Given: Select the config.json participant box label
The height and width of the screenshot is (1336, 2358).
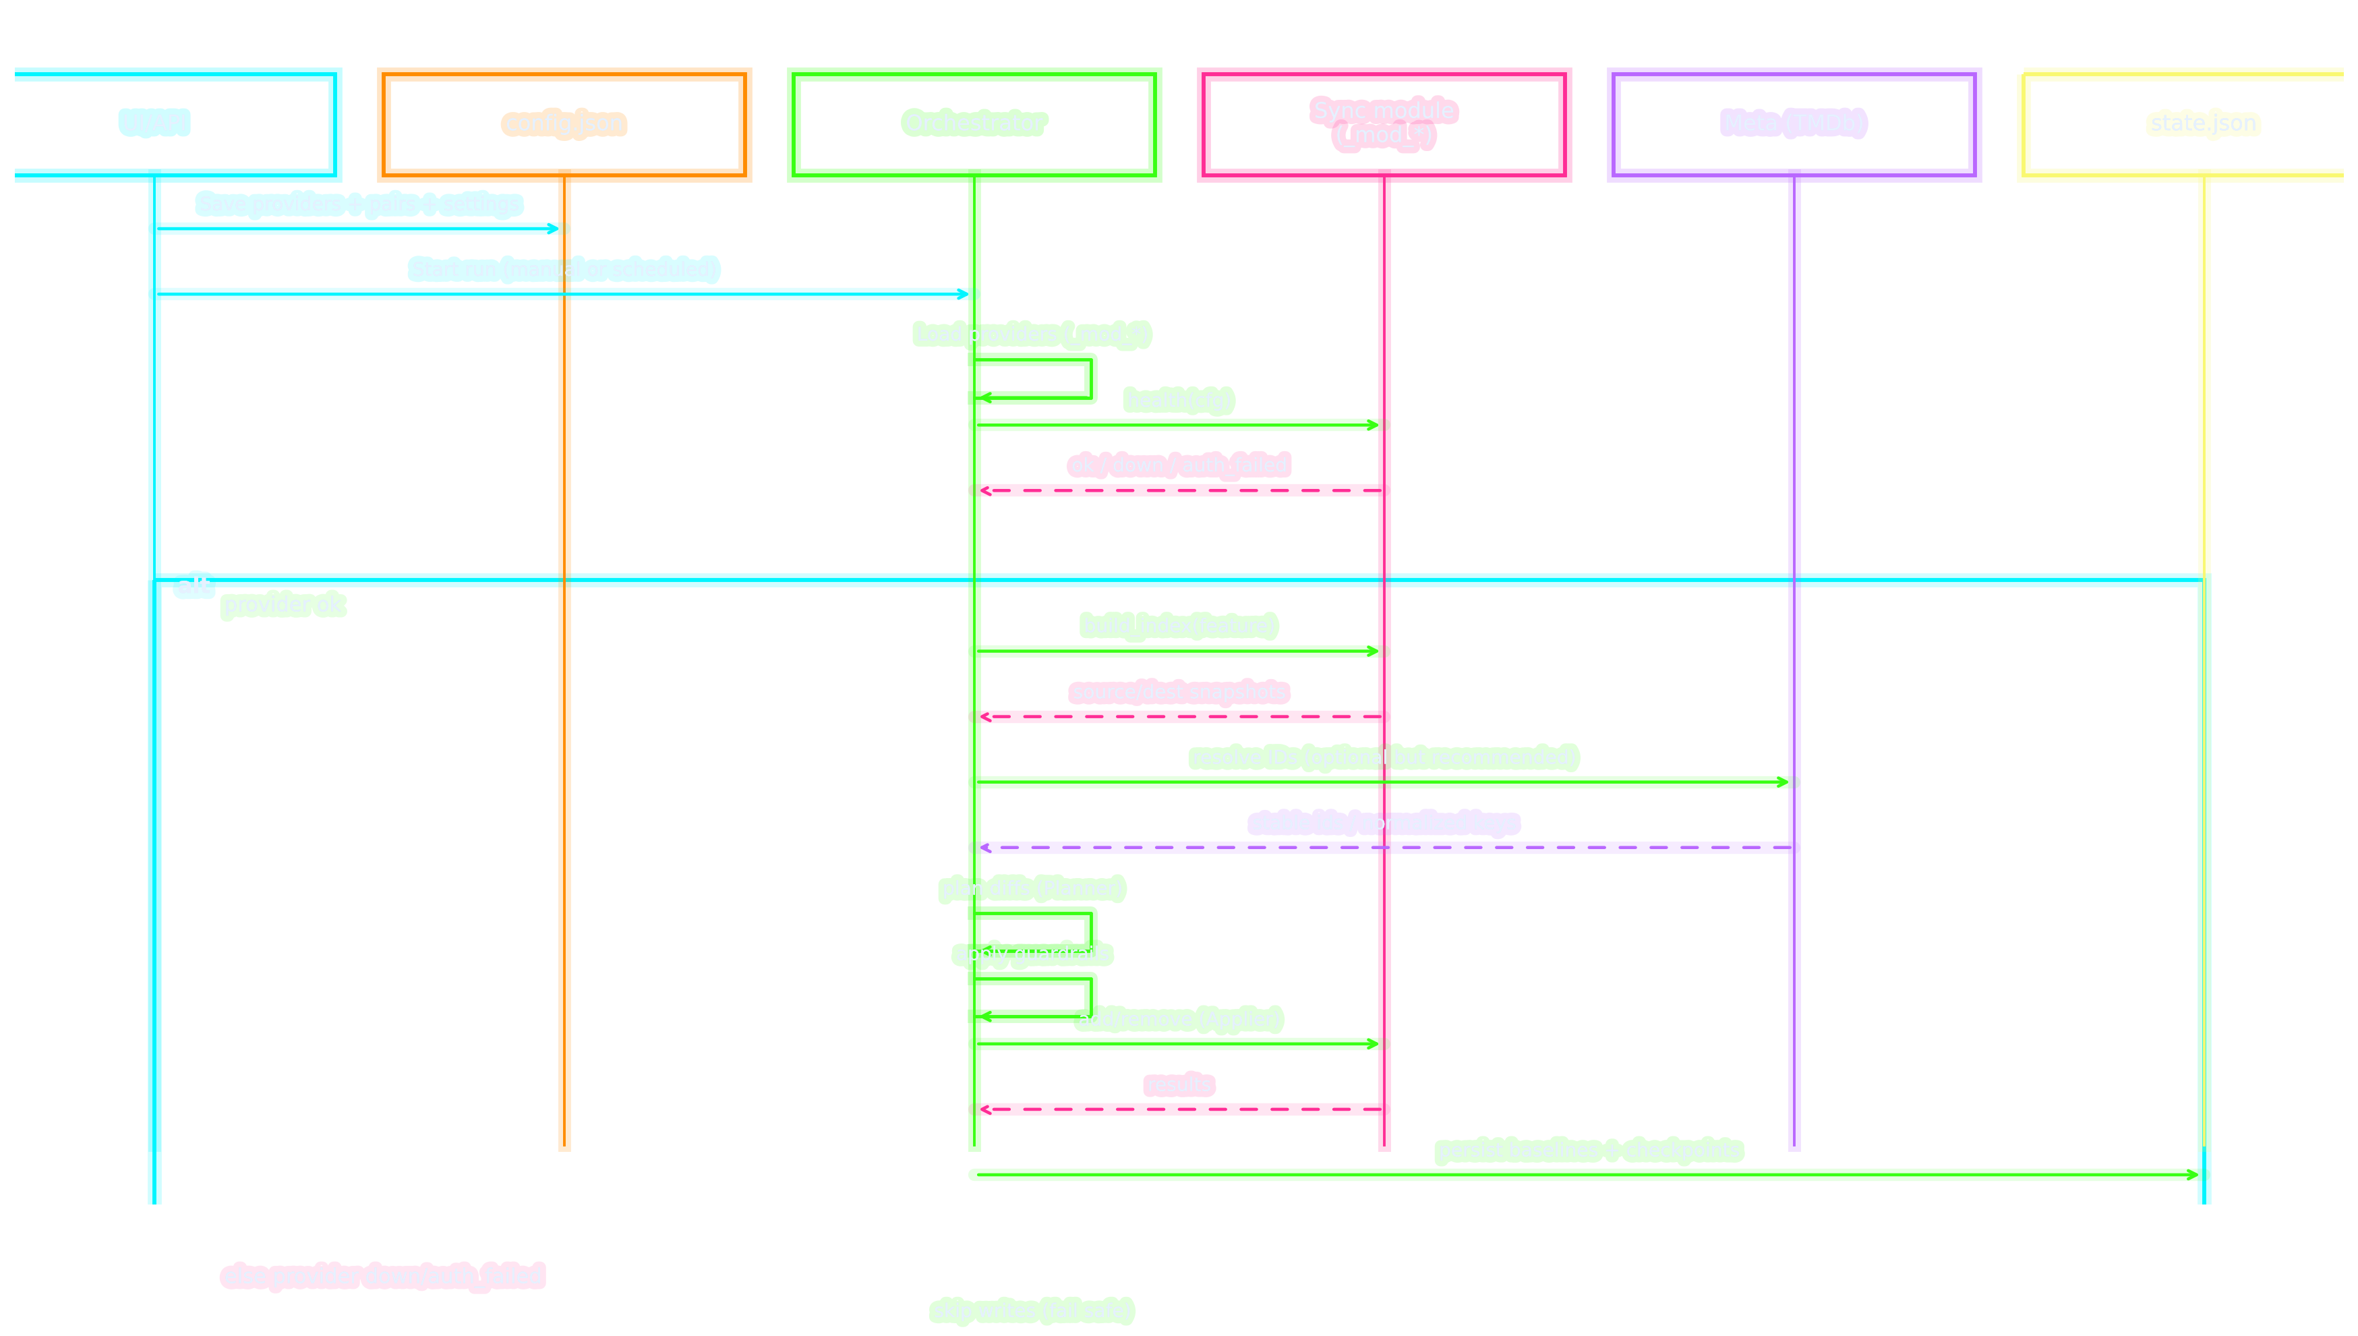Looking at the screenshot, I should [x=564, y=123].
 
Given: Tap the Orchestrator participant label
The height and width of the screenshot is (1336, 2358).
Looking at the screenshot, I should [x=974, y=123].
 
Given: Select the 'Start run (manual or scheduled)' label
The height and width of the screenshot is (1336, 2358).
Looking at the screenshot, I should [x=564, y=269].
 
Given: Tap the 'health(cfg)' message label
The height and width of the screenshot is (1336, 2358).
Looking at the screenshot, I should [x=1179, y=400].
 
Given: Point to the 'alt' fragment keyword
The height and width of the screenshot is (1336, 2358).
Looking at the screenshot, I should [x=194, y=585].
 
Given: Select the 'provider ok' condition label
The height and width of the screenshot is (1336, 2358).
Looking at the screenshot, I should [x=283, y=605].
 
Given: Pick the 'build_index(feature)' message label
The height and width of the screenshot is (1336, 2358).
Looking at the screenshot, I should [x=1179, y=626].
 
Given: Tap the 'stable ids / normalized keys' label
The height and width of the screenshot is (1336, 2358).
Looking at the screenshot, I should [x=1384, y=823].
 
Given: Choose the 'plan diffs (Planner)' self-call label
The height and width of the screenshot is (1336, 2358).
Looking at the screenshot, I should [x=1032, y=888].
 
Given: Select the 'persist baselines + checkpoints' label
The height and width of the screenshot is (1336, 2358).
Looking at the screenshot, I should [x=1589, y=1151].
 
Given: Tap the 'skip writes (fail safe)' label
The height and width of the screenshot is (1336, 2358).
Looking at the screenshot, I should [x=1032, y=1310].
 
